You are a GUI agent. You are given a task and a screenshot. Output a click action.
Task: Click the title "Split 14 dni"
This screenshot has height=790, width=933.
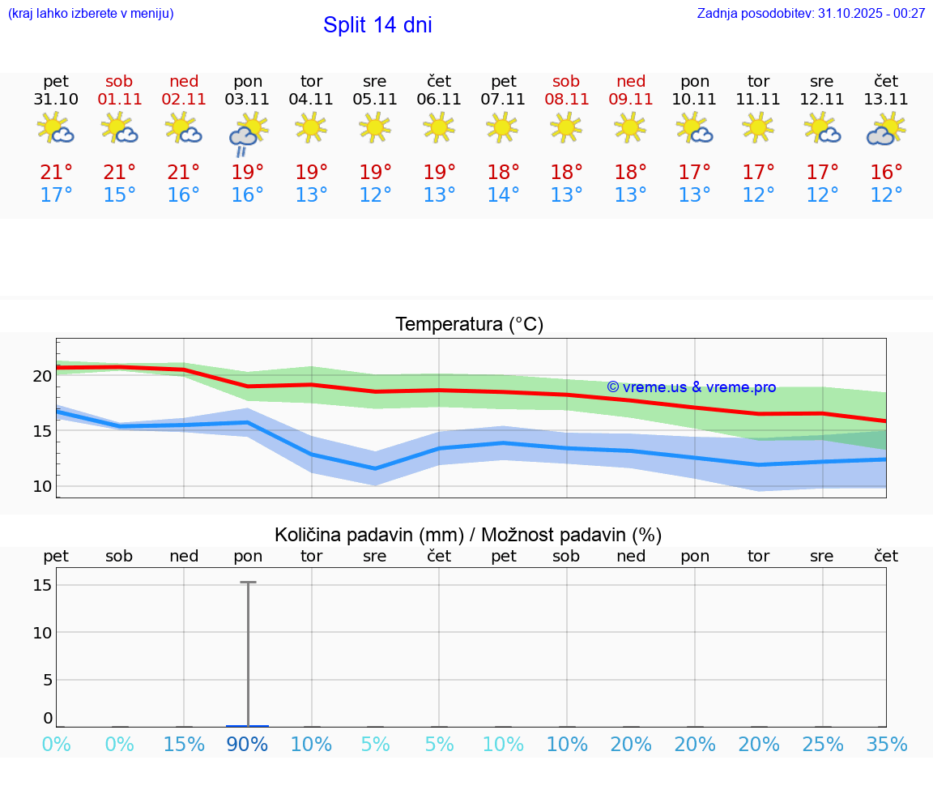click(377, 25)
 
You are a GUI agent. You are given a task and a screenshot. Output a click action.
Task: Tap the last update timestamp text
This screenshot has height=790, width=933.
click(811, 14)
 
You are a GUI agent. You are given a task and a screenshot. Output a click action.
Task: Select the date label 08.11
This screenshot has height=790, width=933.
click(566, 100)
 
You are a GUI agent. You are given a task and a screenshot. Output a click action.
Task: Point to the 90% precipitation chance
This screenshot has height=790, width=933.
click(247, 745)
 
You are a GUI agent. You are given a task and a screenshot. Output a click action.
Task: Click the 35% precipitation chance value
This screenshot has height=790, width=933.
click(887, 745)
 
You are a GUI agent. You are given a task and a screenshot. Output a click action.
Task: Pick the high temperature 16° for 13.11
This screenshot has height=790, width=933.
click(887, 173)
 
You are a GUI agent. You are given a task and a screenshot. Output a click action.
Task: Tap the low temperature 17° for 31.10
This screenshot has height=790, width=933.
click(56, 195)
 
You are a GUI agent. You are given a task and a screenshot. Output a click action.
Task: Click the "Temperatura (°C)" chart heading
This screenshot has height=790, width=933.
click(469, 325)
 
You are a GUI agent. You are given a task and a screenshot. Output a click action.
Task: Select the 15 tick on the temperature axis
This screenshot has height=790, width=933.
click(42, 431)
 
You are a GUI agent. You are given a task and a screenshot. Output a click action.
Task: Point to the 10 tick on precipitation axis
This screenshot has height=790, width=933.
click(42, 633)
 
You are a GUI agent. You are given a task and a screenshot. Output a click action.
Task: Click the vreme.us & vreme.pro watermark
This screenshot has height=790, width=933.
click(691, 387)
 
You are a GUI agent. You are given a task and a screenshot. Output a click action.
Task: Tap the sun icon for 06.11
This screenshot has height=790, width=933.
click(439, 127)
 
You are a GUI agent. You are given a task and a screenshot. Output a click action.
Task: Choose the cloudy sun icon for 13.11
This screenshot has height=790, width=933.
click(886, 129)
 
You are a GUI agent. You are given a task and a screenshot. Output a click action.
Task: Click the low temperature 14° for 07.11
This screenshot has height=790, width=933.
click(503, 195)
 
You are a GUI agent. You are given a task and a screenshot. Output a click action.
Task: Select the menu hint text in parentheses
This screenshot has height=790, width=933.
click(91, 14)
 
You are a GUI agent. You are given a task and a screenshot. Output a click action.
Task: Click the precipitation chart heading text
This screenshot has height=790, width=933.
click(468, 535)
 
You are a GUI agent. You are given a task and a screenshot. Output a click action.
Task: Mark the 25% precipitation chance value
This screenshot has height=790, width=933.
click(822, 745)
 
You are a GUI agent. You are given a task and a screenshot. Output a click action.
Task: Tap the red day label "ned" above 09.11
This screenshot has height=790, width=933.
click(631, 82)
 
